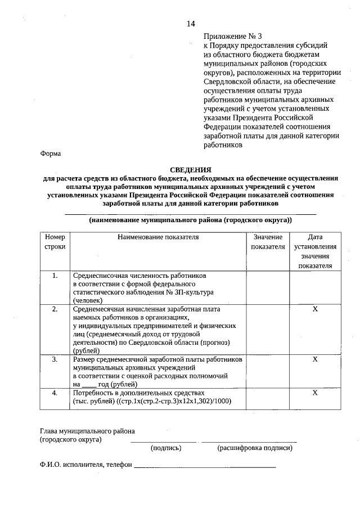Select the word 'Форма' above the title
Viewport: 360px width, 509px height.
(51, 154)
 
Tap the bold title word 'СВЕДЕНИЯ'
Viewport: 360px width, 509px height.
(191, 169)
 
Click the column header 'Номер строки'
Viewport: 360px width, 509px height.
(55, 242)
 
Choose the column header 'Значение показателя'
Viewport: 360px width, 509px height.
(267, 242)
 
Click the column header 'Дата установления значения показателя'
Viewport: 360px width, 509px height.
(315, 251)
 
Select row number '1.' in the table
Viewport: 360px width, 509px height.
(55, 276)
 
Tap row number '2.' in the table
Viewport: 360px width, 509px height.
(55, 309)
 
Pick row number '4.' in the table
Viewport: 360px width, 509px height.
(55, 392)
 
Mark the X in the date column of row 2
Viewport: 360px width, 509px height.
(315, 309)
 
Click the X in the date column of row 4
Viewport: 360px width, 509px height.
(315, 392)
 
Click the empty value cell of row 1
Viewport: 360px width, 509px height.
(267, 288)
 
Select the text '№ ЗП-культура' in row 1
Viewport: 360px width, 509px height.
(188, 292)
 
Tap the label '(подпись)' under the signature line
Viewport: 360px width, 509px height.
(165, 448)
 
